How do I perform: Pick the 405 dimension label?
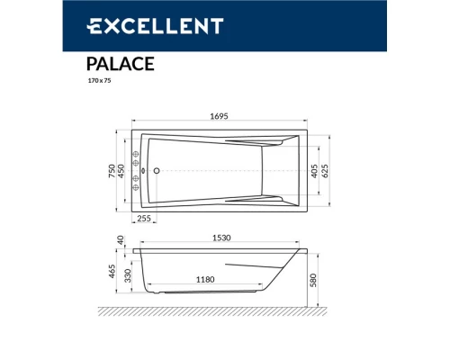[x=313, y=170]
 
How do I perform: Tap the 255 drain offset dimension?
[x=143, y=219]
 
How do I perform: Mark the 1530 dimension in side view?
[x=223, y=238]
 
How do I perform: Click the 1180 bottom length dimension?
[x=205, y=281]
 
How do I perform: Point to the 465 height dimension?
[x=111, y=271]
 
